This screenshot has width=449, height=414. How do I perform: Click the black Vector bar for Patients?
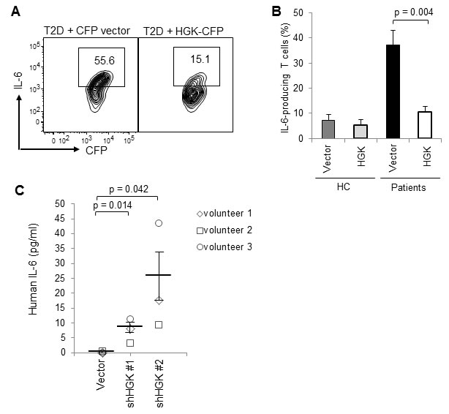click(393, 91)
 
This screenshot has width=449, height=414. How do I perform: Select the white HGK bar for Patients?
click(425, 125)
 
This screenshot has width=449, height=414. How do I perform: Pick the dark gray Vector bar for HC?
click(328, 129)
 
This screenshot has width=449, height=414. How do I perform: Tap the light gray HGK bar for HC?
click(361, 132)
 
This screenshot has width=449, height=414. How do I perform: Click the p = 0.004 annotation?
click(413, 12)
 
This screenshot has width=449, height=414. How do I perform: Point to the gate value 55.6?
click(105, 61)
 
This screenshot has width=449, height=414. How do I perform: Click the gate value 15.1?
click(200, 59)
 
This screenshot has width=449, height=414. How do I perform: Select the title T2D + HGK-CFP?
click(184, 31)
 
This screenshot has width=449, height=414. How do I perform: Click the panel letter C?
click(20, 191)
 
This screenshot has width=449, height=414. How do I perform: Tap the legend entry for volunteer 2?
click(224, 230)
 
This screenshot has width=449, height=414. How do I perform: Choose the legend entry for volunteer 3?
click(224, 247)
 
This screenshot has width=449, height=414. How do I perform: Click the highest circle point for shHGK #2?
click(159, 223)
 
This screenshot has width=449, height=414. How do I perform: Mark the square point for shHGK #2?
click(159, 325)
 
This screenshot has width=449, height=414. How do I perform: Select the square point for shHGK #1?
click(130, 342)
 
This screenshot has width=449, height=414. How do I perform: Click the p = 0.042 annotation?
click(129, 189)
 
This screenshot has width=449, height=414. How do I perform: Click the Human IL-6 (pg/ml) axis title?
click(34, 269)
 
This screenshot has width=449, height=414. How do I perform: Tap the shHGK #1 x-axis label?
click(130, 383)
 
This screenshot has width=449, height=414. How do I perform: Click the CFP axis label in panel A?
click(97, 150)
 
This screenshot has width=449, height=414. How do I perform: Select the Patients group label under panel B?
click(408, 188)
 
